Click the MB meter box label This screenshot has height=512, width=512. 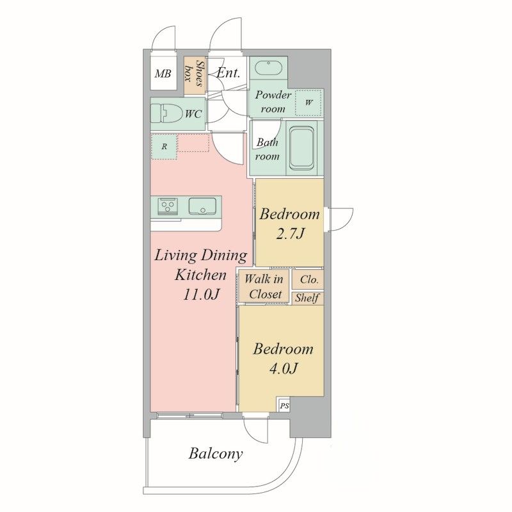(x=163, y=74)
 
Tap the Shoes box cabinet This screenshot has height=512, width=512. (x=195, y=76)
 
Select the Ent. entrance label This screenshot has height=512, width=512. (x=228, y=72)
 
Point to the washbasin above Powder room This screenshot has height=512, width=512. (x=268, y=69)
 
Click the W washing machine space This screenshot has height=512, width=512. (x=308, y=103)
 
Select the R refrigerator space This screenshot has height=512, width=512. (x=164, y=147)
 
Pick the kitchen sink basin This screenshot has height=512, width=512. (x=202, y=206)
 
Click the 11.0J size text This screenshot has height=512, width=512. (x=200, y=295)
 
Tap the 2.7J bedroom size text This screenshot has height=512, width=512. (x=290, y=233)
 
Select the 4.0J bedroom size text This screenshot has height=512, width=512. (x=283, y=368)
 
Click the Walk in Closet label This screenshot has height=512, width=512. (x=264, y=286)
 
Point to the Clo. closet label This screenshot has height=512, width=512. (x=309, y=279)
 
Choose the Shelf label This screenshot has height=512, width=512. (x=307, y=298)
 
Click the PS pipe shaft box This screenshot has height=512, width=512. (x=284, y=406)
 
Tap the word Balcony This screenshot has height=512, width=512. (x=216, y=454)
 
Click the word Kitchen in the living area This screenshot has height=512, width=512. (x=200, y=275)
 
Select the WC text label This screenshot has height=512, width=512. (x=193, y=114)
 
